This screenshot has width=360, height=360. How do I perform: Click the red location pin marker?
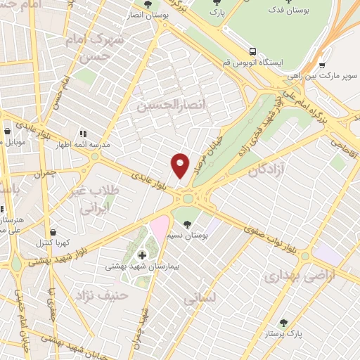click(180, 165)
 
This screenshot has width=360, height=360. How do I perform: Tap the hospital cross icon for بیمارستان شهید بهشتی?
click(143, 255)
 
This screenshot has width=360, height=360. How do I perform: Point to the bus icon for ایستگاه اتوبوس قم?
click(252, 51)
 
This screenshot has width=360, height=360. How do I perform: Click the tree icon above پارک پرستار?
click(283, 323)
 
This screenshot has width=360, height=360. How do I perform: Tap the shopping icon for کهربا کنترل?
click(52, 232)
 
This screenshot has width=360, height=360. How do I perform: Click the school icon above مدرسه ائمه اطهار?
click(82, 133)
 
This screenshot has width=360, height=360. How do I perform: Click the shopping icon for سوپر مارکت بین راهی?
click(322, 65)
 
